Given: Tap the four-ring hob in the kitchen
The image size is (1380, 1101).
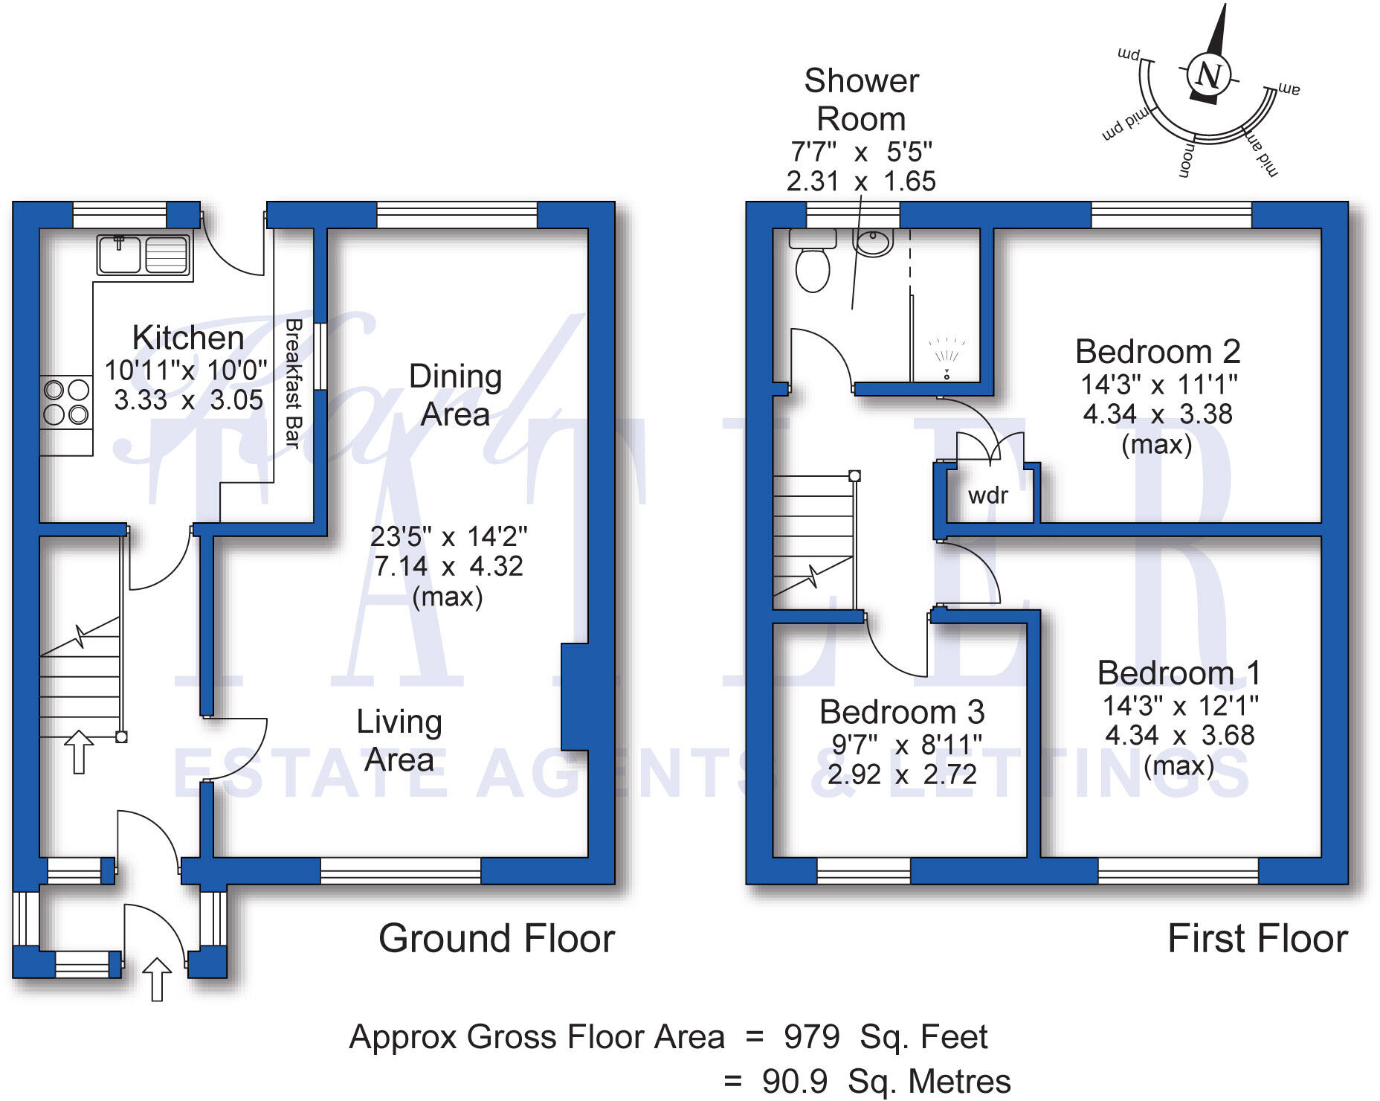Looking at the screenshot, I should pos(66,402).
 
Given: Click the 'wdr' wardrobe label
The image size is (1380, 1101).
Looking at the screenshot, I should pos(988,495).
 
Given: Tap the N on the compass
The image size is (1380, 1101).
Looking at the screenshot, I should pos(1208,75).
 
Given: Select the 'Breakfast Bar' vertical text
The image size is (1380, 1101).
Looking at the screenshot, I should pos(294,384).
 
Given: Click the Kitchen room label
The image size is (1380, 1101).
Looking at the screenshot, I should pos(188,338).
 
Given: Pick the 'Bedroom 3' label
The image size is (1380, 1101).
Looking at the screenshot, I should pos(902,712).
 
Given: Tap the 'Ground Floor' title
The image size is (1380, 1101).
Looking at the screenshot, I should pos(497,938).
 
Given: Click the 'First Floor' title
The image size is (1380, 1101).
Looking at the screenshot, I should pos(1257,938).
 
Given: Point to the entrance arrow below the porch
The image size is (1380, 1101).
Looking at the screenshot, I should pos(156,978).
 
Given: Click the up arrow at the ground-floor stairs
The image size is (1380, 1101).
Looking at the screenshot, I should pos(79,751).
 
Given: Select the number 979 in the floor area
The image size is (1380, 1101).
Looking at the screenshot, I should pos(812,1036).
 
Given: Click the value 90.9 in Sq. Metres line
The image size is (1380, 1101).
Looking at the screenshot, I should pos(794,1081).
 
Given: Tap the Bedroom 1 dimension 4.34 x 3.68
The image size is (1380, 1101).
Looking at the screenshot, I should pos(1179,736).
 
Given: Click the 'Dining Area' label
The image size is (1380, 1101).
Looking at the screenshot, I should pos(455,395).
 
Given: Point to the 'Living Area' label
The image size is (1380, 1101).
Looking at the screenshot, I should pos(399,740).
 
